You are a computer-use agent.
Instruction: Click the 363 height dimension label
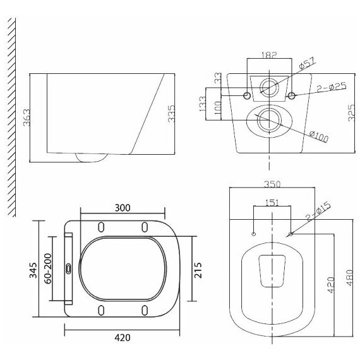tap(27, 117)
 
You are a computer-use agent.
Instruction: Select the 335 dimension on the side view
tap(171, 114)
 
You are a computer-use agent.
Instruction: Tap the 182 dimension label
tap(269, 55)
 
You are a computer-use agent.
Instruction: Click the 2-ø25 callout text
tap(332, 87)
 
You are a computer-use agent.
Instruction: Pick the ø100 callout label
tap(319, 136)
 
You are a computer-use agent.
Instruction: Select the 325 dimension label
tap(351, 112)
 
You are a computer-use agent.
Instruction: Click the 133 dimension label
tap(203, 104)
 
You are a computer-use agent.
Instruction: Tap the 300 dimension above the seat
tap(123, 208)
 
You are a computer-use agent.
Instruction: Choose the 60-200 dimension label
tap(48, 268)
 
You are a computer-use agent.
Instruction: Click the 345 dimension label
tap(33, 270)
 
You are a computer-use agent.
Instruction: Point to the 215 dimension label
tap(198, 270)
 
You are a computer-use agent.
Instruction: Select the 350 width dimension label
tap(272, 184)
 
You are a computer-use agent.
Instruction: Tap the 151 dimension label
tap(272, 203)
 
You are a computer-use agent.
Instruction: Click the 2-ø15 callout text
tap(319, 212)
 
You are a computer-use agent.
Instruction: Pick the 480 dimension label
tap(350, 277)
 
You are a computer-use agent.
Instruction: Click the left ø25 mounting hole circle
tap(247, 95)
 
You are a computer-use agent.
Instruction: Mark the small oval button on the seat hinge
tap(69, 268)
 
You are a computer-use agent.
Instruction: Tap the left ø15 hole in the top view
tap(254, 234)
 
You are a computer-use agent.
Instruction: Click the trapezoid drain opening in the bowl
tap(272, 271)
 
